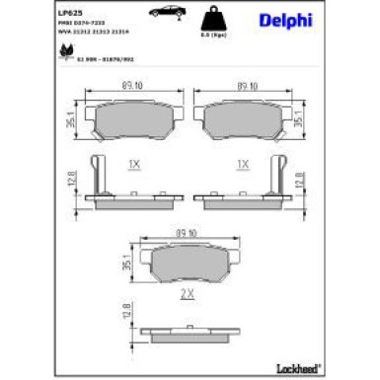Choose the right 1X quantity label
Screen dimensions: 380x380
coord(241,163)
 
